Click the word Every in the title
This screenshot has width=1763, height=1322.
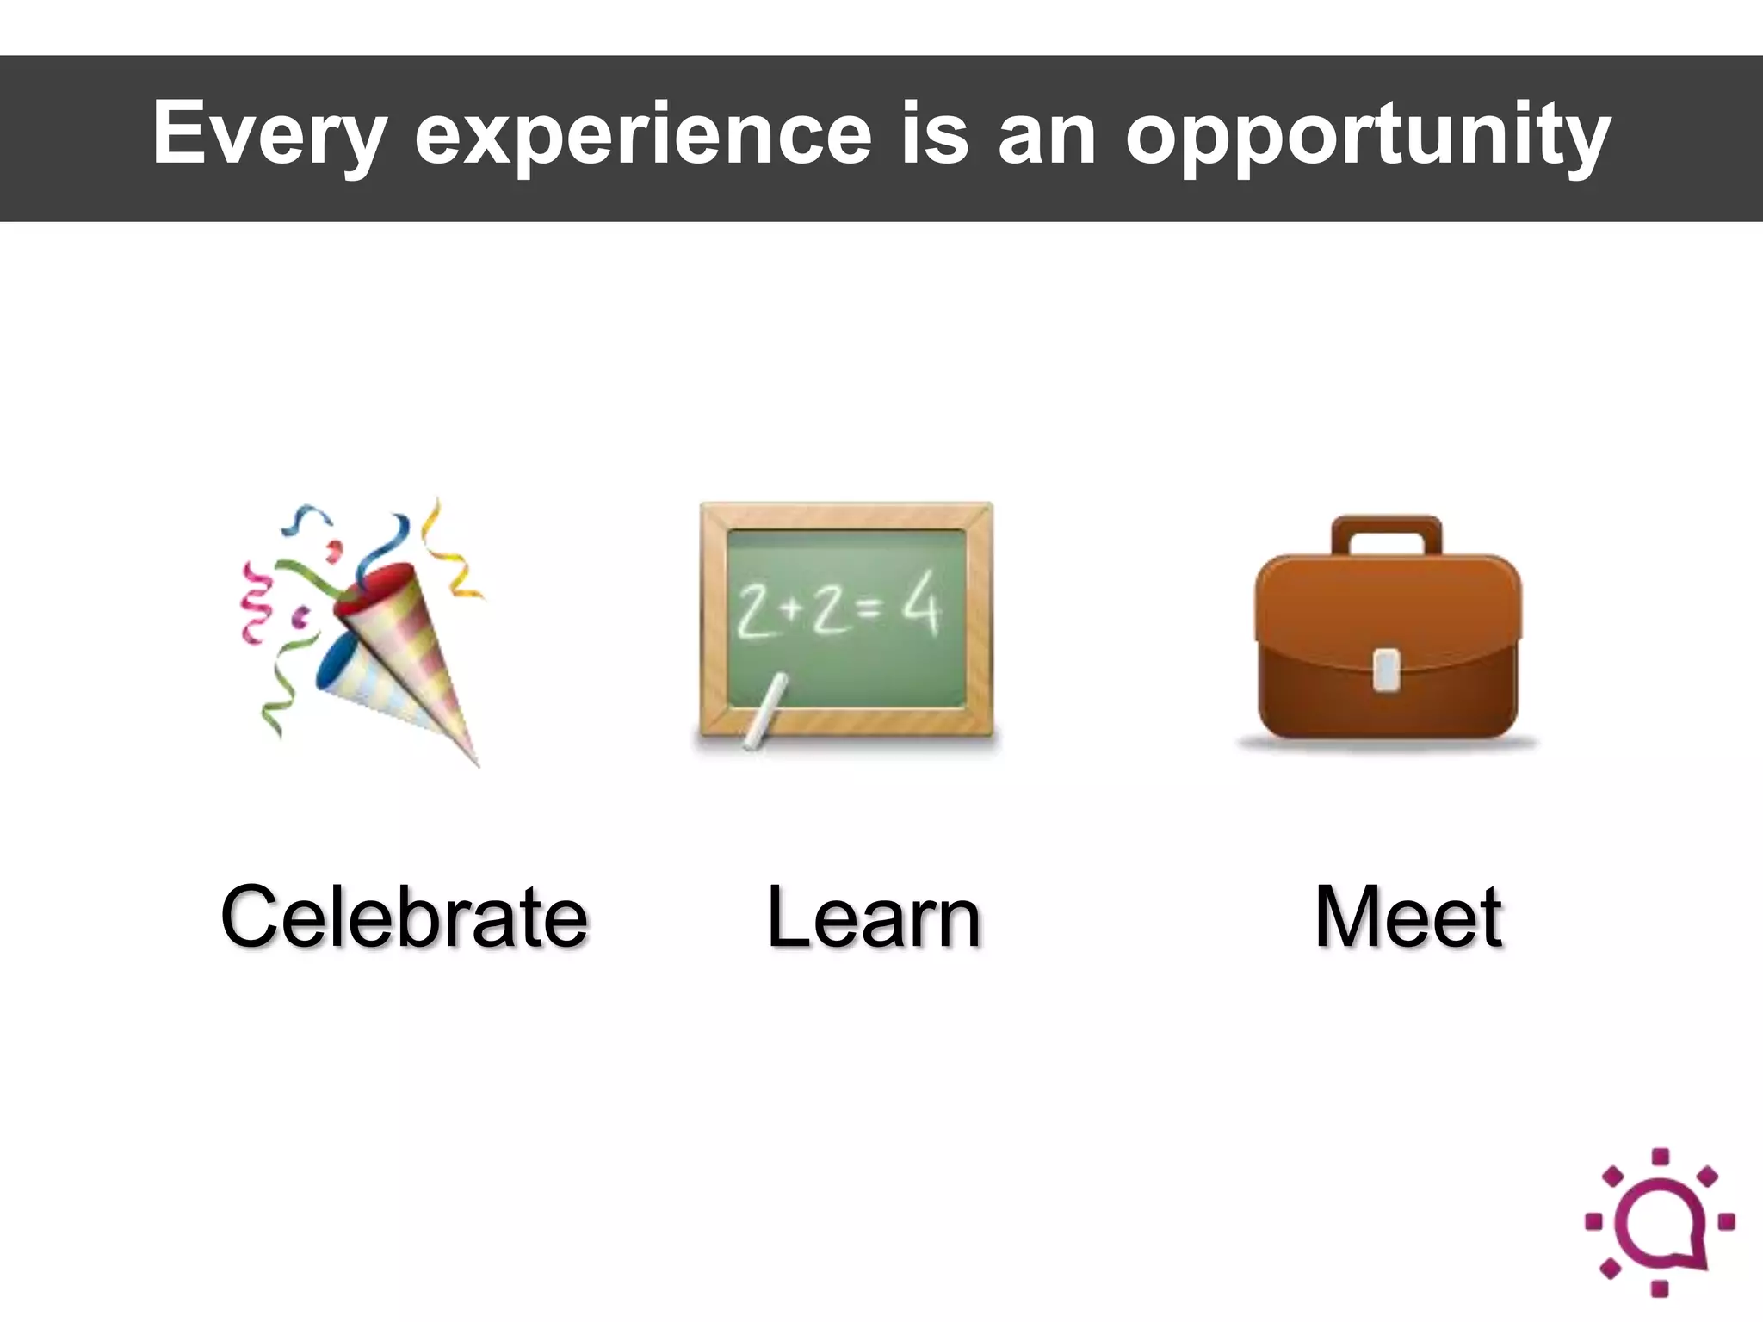[269, 134]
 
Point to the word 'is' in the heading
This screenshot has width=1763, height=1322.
[935, 133]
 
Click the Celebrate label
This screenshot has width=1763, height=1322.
[405, 917]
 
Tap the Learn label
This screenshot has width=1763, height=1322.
[873, 917]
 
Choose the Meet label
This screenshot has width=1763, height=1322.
[1408, 917]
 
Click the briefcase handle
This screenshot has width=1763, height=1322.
[1386, 534]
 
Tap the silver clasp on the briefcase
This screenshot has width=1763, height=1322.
[1385, 670]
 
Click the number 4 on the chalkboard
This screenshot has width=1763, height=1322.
[921, 607]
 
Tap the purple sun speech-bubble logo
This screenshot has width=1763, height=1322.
[1660, 1221]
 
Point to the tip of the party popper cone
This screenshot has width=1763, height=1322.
[475, 763]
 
